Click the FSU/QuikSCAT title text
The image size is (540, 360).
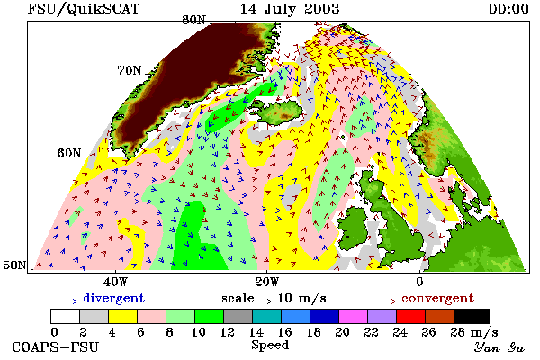point(84,9)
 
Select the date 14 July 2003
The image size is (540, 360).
point(290,9)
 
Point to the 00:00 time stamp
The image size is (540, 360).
point(508,9)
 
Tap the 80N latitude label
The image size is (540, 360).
point(193,20)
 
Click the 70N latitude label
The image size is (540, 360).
point(130,70)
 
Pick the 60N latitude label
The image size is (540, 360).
point(69,153)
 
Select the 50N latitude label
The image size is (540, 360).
point(14,265)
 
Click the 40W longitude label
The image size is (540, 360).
point(115,282)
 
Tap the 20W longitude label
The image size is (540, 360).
point(267,282)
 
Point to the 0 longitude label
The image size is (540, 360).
point(419,282)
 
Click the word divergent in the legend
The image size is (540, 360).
point(113,298)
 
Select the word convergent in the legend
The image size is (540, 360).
point(437,298)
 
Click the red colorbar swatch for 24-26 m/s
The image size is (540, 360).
point(410,316)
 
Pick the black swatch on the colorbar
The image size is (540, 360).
point(472,316)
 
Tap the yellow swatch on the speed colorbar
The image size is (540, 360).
point(122,316)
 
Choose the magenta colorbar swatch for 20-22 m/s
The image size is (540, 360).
point(353,316)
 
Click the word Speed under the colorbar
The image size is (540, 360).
point(270,346)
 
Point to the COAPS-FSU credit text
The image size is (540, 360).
point(56,346)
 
